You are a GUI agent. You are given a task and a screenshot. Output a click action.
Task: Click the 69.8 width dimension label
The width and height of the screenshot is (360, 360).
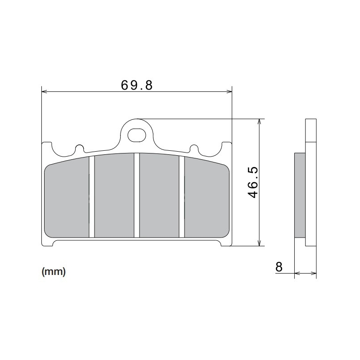tap(137, 85)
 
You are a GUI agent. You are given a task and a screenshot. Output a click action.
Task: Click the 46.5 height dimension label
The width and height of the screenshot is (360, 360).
tap(252, 182)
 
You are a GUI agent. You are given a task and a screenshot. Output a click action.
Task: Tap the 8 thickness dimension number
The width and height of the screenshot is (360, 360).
tap(279, 267)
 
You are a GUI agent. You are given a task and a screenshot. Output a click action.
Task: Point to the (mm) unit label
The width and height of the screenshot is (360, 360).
tap(54, 272)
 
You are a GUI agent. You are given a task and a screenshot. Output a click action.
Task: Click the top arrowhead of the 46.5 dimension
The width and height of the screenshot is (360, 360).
tap(259, 122)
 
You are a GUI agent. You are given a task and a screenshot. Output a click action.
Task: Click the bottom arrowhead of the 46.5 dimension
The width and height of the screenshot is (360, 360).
tap(259, 243)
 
